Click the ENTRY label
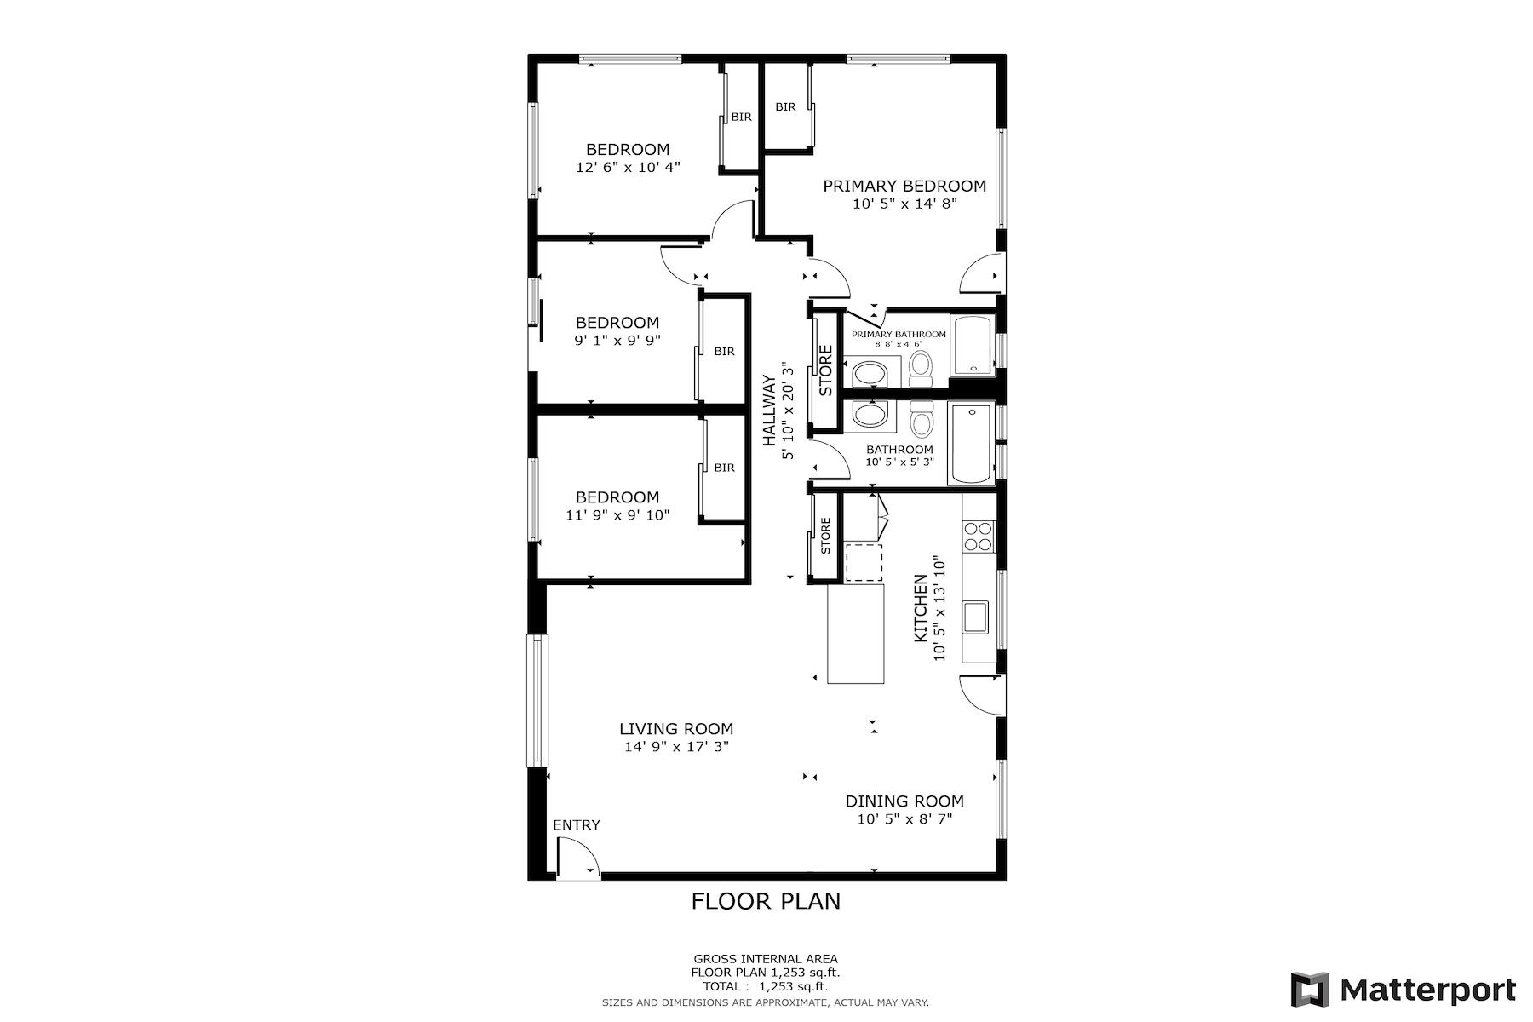click(x=577, y=824)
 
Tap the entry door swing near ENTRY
click(x=577, y=857)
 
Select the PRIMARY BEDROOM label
click(x=904, y=186)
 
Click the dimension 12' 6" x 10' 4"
click(x=628, y=168)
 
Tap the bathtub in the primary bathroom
click(x=972, y=347)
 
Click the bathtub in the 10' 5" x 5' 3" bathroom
click(x=970, y=444)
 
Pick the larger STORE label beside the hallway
click(x=825, y=370)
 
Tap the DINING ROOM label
click(x=904, y=801)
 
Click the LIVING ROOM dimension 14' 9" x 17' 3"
click(x=676, y=747)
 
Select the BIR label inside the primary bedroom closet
click(x=785, y=107)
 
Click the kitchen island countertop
click(x=856, y=634)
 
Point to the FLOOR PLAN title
click(x=766, y=901)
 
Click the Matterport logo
click(x=1403, y=990)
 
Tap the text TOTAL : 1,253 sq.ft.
click(x=765, y=986)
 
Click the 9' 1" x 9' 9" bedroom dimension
click(x=617, y=340)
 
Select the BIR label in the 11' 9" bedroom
click(x=724, y=468)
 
